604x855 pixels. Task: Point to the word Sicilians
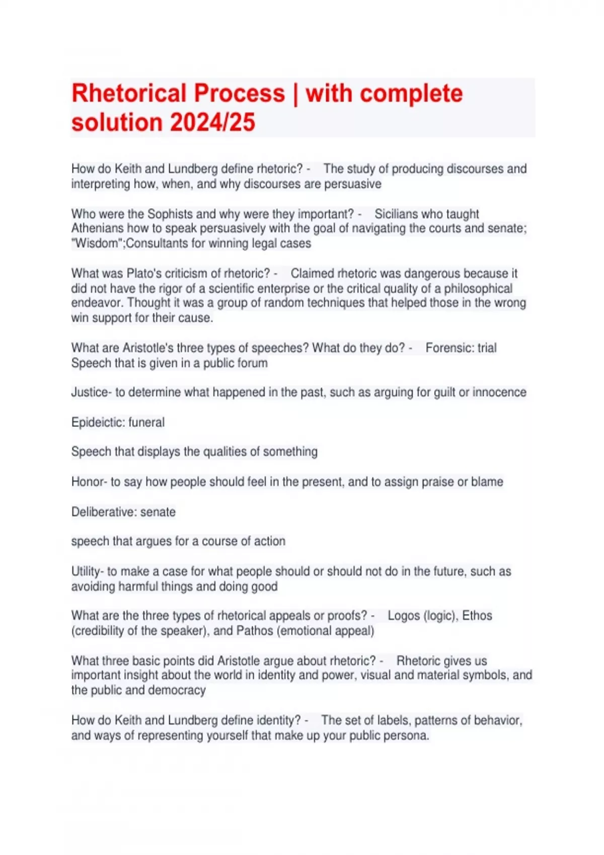(398, 214)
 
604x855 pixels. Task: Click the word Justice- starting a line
(92, 392)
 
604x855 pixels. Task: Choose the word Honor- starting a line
(89, 482)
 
